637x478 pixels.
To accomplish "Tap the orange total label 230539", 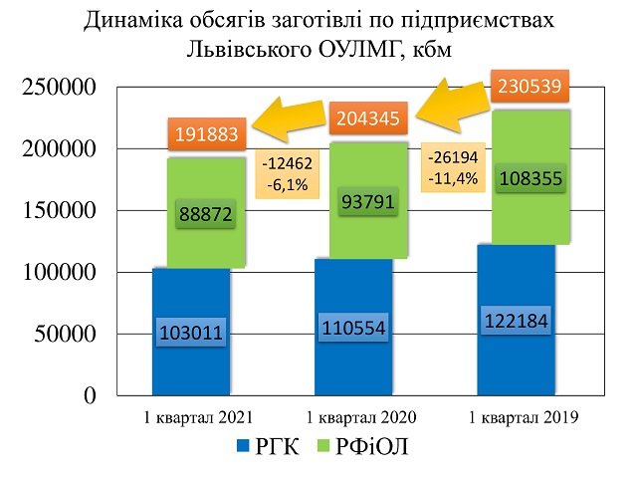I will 529,86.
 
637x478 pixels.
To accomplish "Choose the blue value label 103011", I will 191,333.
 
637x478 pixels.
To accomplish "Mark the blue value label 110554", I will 354,326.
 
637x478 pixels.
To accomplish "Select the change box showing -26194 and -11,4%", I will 451,167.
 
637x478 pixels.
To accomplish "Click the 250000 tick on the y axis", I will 55,88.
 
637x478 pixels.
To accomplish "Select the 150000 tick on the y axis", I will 55,211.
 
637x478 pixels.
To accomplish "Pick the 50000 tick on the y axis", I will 62,334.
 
